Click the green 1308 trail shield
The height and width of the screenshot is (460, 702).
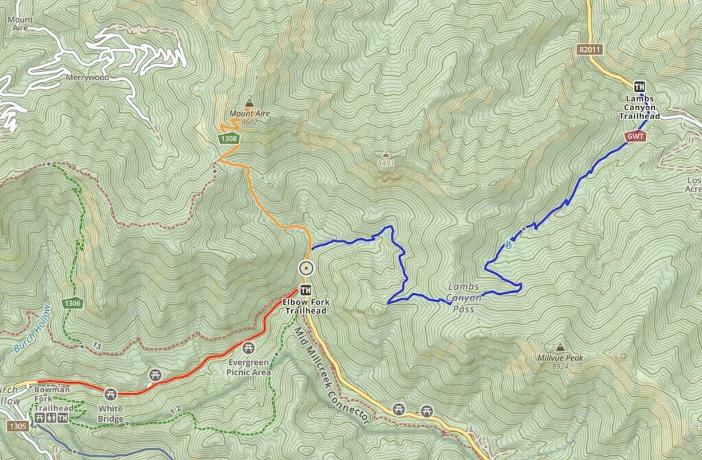pyautogui.click(x=229, y=139)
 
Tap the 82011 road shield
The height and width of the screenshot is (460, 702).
pyautogui.click(x=590, y=50)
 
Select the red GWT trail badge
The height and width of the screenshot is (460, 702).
pyautogui.click(x=635, y=137)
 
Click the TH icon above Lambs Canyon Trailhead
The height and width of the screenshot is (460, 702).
pyautogui.click(x=640, y=87)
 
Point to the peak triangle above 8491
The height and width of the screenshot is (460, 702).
pyautogui.click(x=386, y=154)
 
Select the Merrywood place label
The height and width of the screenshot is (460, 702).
pyautogui.click(x=87, y=77)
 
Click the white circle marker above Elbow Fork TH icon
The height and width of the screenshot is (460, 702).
pyautogui.click(x=306, y=268)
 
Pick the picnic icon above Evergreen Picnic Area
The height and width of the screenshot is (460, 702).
pyautogui.click(x=248, y=348)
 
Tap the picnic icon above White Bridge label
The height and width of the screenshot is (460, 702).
pyautogui.click(x=110, y=394)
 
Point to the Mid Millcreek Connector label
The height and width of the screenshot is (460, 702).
pyautogui.click(x=332, y=376)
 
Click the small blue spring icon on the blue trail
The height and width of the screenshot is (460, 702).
pyautogui.click(x=508, y=244)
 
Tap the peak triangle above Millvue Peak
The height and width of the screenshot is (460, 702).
pyautogui.click(x=560, y=347)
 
